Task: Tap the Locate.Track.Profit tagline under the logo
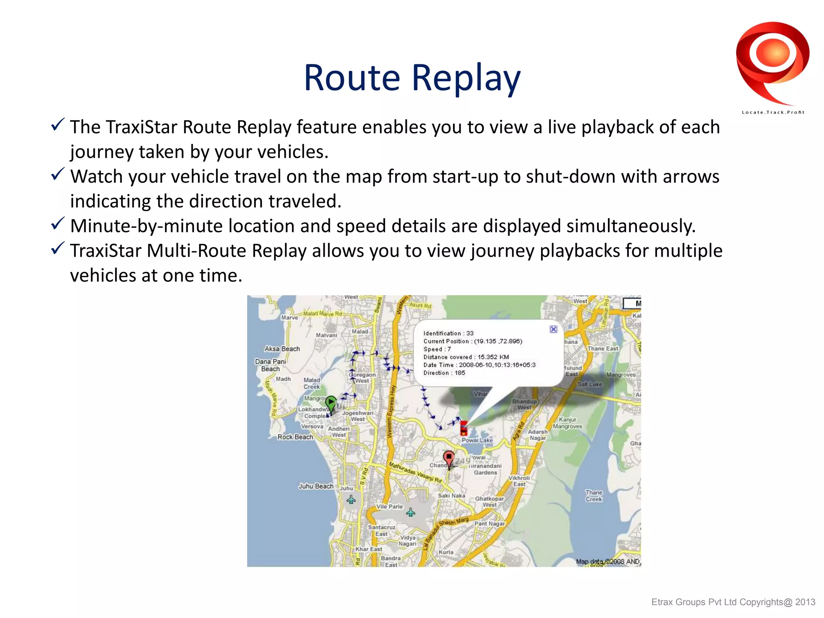point(773,112)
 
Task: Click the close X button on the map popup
point(553,330)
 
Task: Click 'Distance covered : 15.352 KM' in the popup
point(466,357)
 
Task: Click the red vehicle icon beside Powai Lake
point(463,428)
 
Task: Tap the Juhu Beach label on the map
point(316,486)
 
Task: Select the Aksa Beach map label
point(282,349)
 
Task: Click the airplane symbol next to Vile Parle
point(410,512)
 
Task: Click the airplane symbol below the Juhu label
point(351,500)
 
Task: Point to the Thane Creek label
point(594,496)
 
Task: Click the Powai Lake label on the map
point(477,440)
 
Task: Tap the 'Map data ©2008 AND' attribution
point(607,562)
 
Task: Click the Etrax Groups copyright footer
point(733,602)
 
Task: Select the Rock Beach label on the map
point(295,437)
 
